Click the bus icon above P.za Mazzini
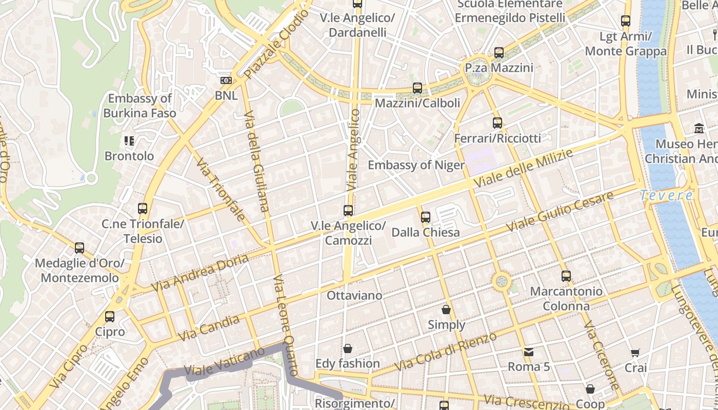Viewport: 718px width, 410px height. click(x=498, y=52)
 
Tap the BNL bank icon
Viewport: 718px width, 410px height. click(x=226, y=80)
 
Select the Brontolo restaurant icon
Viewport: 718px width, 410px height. click(x=129, y=141)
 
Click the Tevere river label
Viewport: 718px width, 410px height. click(x=666, y=195)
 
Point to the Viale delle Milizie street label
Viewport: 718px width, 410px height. click(x=523, y=169)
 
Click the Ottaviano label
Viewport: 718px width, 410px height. click(x=354, y=296)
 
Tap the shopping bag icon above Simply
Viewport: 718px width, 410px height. click(x=446, y=310)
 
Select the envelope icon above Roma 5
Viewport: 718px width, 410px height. click(x=528, y=352)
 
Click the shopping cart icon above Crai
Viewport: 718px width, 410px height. click(x=635, y=353)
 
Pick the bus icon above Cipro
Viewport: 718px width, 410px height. click(x=110, y=317)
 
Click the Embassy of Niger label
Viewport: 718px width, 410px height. click(x=416, y=165)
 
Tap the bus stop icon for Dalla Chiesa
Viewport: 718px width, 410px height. click(x=425, y=217)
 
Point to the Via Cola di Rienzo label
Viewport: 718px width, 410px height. click(x=446, y=352)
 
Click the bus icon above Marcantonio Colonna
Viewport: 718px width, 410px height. click(x=566, y=276)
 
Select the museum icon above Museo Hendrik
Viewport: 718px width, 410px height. click(x=699, y=128)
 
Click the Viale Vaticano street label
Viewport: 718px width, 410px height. click(x=224, y=362)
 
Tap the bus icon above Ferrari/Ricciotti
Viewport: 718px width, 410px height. click(x=497, y=123)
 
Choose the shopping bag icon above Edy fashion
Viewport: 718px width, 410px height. click(x=348, y=348)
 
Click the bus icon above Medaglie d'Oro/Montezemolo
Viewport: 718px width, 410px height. click(x=79, y=248)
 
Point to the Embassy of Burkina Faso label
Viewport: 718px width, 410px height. click(x=139, y=106)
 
